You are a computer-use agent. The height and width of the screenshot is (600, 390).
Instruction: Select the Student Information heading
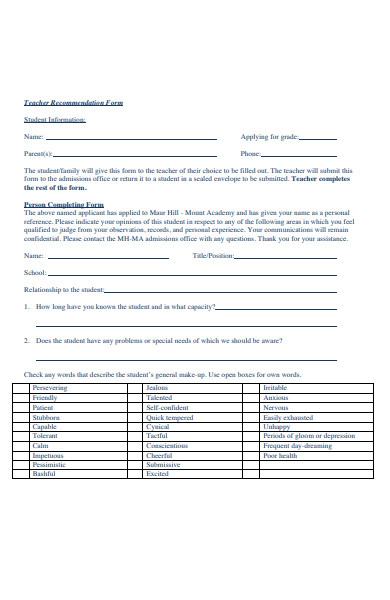54,119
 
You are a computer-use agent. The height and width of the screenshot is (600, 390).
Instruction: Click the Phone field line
300,156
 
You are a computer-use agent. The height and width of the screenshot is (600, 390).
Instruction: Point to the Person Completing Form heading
63,204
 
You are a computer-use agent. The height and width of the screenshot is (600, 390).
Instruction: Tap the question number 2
28,341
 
